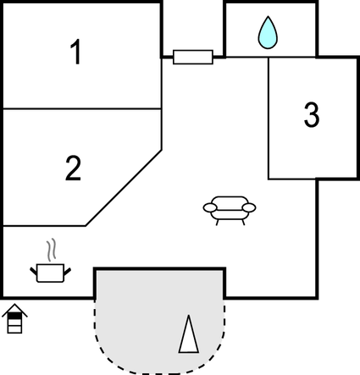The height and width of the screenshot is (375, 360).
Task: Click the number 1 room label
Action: point(76,52)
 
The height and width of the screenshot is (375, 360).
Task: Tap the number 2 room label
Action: point(74,168)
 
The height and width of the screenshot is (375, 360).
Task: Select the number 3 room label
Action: point(312,114)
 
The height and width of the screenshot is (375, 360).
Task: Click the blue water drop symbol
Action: point(268,32)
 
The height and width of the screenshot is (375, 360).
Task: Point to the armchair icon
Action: point(230,210)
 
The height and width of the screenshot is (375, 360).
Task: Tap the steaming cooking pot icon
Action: point(51,261)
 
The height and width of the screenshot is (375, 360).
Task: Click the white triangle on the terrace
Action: point(189,334)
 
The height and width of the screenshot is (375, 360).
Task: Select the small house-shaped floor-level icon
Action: point(14,319)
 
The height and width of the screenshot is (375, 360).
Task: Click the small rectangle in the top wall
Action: point(193,57)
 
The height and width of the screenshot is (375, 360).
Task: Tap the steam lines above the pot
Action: point(51,250)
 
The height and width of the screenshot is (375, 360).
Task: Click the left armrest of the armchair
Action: point(210,208)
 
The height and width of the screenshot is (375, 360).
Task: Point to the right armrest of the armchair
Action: point(249,208)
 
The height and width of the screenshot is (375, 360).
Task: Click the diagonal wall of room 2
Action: point(124,188)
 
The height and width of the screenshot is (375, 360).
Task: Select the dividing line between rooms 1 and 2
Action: point(82,108)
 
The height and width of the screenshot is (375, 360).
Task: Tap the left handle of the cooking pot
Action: point(34,272)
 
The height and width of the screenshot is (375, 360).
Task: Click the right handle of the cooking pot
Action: point(68,272)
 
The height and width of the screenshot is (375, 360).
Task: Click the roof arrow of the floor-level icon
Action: point(14,310)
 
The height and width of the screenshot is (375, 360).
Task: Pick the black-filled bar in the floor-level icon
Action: point(14,316)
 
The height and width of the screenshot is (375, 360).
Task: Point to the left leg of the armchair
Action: point(218,223)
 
